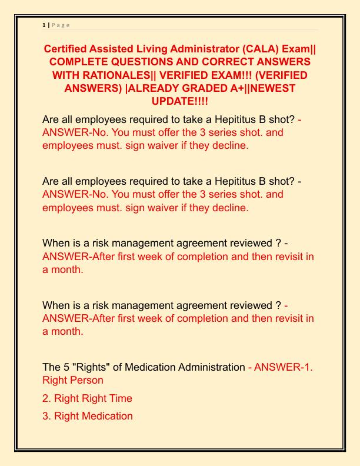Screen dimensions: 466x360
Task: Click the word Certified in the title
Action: [x=68, y=49]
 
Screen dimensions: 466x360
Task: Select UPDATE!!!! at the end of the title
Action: [x=180, y=101]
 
